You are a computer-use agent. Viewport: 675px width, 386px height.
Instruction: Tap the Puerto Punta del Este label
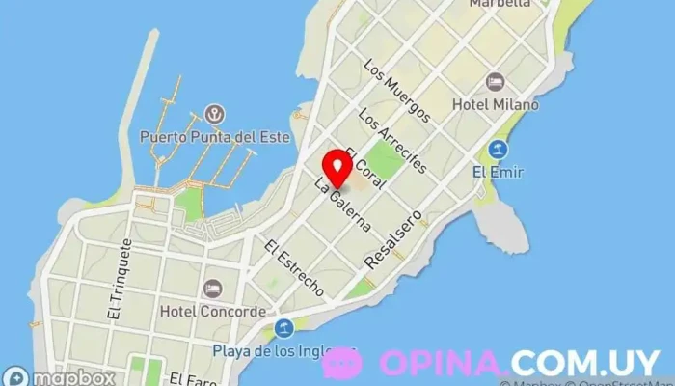(215, 136)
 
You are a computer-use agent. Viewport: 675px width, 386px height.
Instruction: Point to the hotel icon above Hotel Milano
(497, 80)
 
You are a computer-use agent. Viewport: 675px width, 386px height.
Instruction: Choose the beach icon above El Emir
(498, 150)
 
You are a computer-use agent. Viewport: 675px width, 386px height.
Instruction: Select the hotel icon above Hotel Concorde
(213, 289)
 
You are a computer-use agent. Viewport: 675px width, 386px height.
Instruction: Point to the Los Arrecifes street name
(391, 140)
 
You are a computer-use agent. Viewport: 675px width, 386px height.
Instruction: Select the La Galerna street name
(343, 205)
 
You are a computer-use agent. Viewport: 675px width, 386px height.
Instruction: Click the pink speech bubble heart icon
(341, 363)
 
